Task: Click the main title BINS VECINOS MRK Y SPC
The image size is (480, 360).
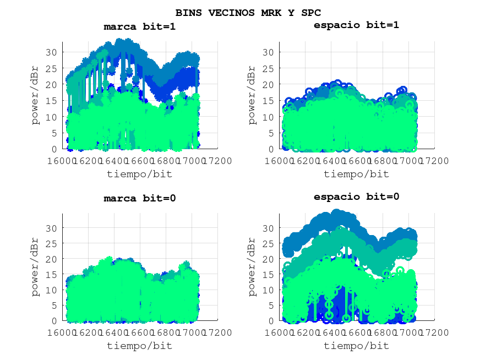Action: click(x=248, y=12)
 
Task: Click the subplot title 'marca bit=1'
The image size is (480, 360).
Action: click(x=140, y=26)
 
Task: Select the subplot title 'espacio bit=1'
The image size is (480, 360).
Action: click(x=356, y=25)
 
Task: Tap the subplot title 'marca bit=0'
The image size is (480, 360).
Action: click(x=140, y=198)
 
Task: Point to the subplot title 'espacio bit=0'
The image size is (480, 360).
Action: click(x=356, y=197)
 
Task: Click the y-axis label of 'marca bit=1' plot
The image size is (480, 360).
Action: click(x=36, y=96)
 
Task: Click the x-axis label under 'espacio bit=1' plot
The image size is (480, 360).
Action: click(x=356, y=174)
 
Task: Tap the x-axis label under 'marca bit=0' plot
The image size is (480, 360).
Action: click(x=140, y=346)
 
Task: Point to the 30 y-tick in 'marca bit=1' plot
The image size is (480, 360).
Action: click(x=51, y=52)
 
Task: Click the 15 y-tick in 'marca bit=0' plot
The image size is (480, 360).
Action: click(x=51, y=274)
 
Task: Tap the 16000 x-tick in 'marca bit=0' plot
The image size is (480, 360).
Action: click(x=62, y=332)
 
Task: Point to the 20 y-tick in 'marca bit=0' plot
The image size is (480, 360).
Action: click(x=51, y=259)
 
